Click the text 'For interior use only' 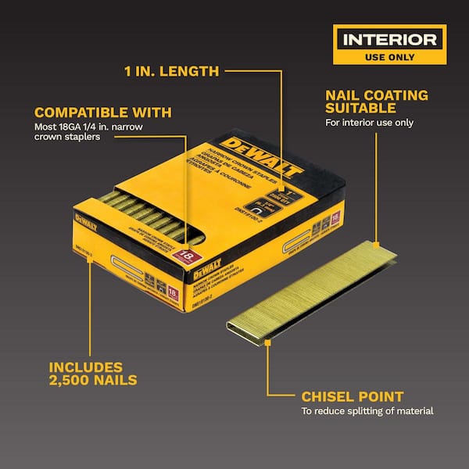pyautogui.click(x=369, y=122)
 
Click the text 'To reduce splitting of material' pyautogui.click(x=367, y=411)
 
